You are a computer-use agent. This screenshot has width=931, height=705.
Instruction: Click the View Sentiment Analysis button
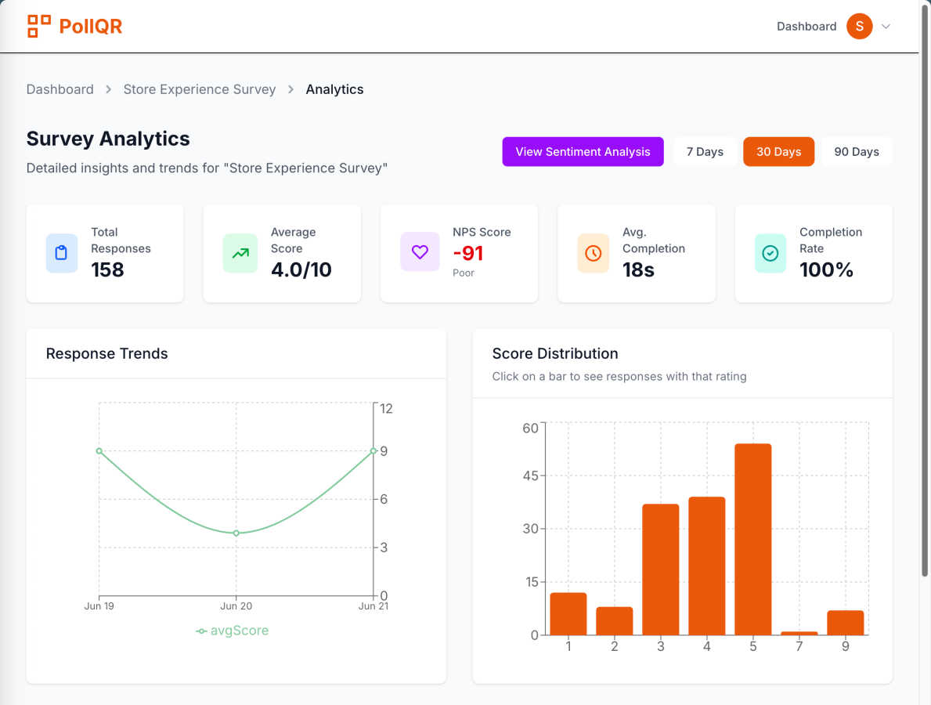583,152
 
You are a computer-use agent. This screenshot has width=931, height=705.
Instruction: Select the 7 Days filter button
705,152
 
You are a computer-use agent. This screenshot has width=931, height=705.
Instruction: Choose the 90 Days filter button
856,152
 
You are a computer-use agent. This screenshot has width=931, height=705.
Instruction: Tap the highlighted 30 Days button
778,152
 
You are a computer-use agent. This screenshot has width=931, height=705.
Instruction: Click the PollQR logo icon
38,26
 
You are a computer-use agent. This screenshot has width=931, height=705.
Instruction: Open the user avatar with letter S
859,26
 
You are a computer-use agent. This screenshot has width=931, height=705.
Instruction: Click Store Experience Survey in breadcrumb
200,89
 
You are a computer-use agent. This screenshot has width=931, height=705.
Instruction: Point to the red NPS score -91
468,253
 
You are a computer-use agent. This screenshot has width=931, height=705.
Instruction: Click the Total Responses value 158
107,269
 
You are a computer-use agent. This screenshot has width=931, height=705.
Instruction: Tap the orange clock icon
594,253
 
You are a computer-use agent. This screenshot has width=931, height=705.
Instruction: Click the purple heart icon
420,252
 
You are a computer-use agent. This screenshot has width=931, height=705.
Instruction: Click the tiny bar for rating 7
799,632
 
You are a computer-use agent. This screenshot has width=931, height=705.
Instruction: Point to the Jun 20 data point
236,533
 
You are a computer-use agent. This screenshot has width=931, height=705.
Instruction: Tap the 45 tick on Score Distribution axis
530,475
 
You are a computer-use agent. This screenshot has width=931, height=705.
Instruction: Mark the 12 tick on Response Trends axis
386,408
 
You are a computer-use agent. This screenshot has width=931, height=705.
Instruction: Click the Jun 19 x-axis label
99,606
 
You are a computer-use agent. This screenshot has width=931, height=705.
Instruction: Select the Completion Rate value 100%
826,269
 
